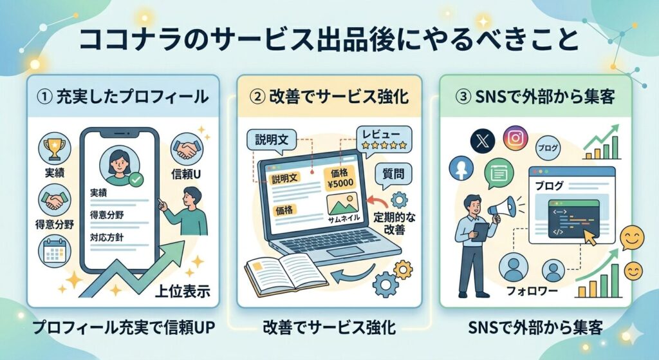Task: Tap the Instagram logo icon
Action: pyautogui.click(x=515, y=138)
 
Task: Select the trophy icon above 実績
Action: pyautogui.click(x=54, y=147)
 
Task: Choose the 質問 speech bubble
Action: pyautogui.click(x=393, y=173)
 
